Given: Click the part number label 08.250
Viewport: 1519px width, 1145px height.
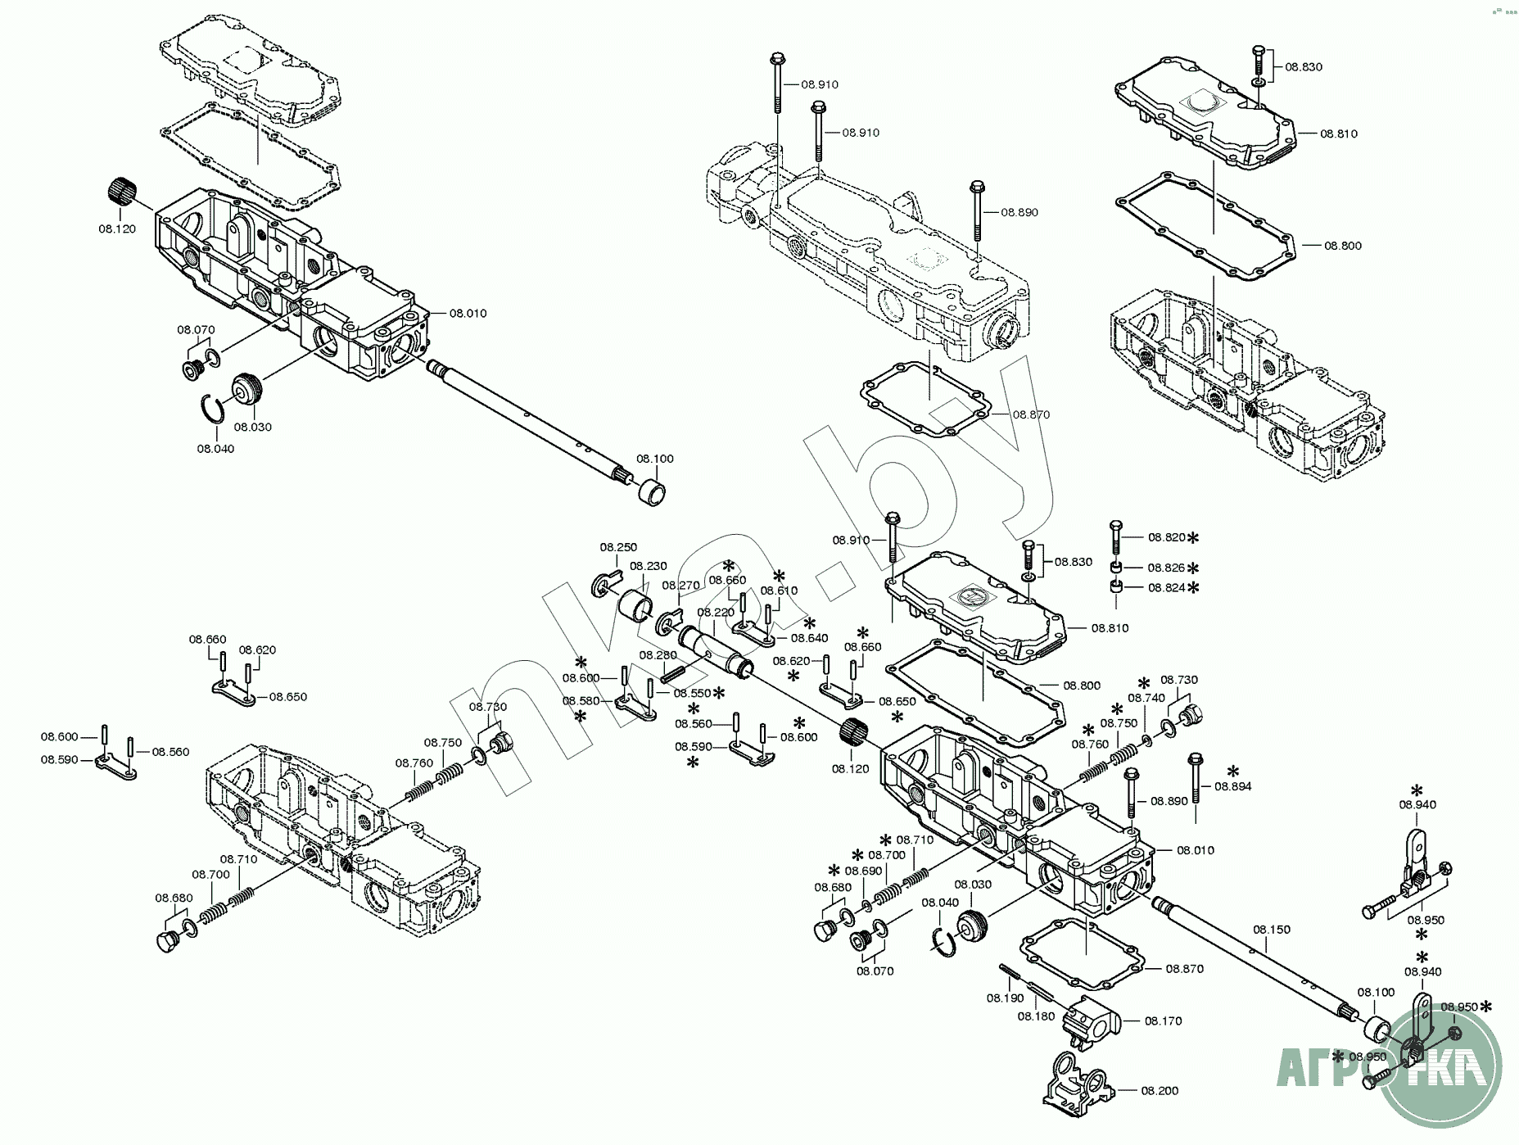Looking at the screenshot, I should [618, 547].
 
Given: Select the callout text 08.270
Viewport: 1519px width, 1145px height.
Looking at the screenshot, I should [680, 586].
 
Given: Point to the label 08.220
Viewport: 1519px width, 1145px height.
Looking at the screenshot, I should [716, 613].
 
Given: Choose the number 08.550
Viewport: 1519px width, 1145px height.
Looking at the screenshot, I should [692, 693].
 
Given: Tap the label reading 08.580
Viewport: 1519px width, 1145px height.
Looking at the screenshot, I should [581, 701].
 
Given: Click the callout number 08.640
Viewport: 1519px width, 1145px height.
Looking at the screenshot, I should [809, 638].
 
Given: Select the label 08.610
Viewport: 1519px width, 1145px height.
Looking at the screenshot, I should [779, 591].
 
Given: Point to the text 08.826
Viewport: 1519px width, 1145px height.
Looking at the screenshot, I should [1166, 568].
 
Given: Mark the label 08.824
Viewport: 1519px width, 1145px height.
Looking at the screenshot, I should [1166, 587].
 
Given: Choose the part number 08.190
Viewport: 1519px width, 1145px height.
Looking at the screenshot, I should [1005, 998].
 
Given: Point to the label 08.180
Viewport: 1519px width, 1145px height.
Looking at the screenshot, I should [1036, 1016].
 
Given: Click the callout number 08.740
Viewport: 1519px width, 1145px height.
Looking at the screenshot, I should [1146, 698].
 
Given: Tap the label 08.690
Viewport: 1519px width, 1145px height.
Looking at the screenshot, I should [863, 871].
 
